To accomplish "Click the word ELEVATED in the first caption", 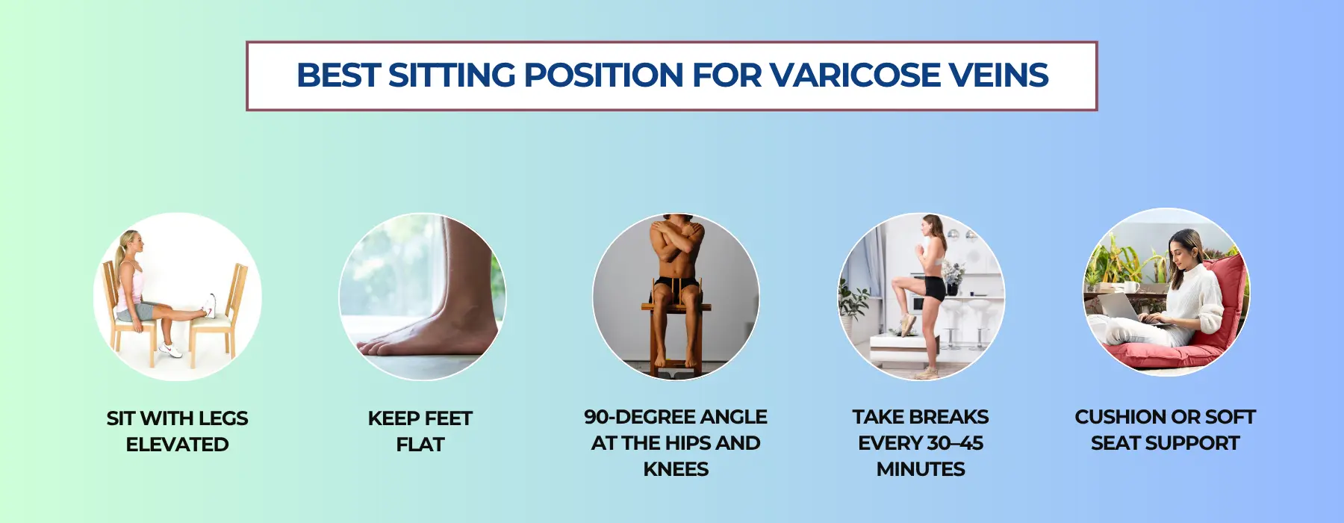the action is tap(178, 445).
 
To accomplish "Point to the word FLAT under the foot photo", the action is tap(420, 445).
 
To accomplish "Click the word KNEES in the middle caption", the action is tap(676, 469).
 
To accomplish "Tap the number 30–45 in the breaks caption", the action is tap(952, 443).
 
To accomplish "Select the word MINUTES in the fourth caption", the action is tap(921, 469).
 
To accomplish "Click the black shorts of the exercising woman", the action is tap(933, 287).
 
